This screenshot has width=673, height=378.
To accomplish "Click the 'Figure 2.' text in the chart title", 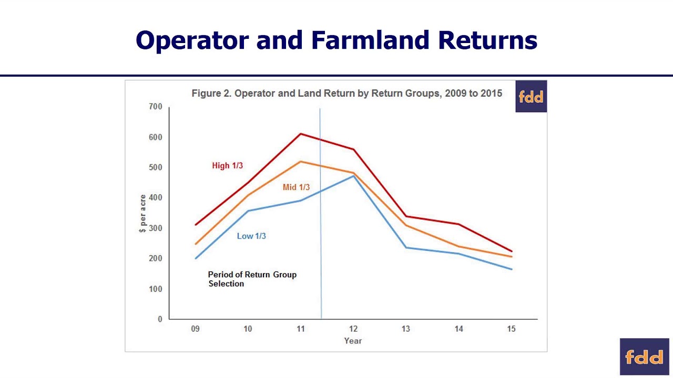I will (x=211, y=93).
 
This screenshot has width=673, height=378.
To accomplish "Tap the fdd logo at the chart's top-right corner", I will (x=531, y=97).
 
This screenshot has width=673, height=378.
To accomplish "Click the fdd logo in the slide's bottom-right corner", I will (x=644, y=357).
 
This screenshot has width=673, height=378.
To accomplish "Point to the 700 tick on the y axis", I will (x=156, y=107).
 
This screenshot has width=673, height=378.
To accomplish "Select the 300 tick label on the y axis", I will (x=156, y=228).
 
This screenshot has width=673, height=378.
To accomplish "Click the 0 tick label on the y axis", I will (x=160, y=319).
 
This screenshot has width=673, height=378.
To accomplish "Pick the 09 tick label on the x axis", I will (x=195, y=329).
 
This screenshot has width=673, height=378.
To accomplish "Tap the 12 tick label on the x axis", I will (x=353, y=329).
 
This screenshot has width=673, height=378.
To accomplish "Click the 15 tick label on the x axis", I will (x=511, y=329).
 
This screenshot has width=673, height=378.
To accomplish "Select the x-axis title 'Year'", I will (x=353, y=341).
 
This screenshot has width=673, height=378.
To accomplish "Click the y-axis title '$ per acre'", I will (x=142, y=214).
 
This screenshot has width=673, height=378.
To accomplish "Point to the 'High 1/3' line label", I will (x=227, y=165).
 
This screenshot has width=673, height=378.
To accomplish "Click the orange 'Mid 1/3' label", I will (x=296, y=187).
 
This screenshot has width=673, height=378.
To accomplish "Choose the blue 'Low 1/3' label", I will (x=251, y=236).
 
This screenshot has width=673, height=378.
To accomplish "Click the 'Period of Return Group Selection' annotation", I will (x=252, y=279).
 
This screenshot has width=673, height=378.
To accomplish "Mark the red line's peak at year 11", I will (x=300, y=133).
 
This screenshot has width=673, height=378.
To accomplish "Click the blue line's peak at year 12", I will (x=353, y=176).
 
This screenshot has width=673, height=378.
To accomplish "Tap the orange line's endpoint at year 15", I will (x=511, y=257).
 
